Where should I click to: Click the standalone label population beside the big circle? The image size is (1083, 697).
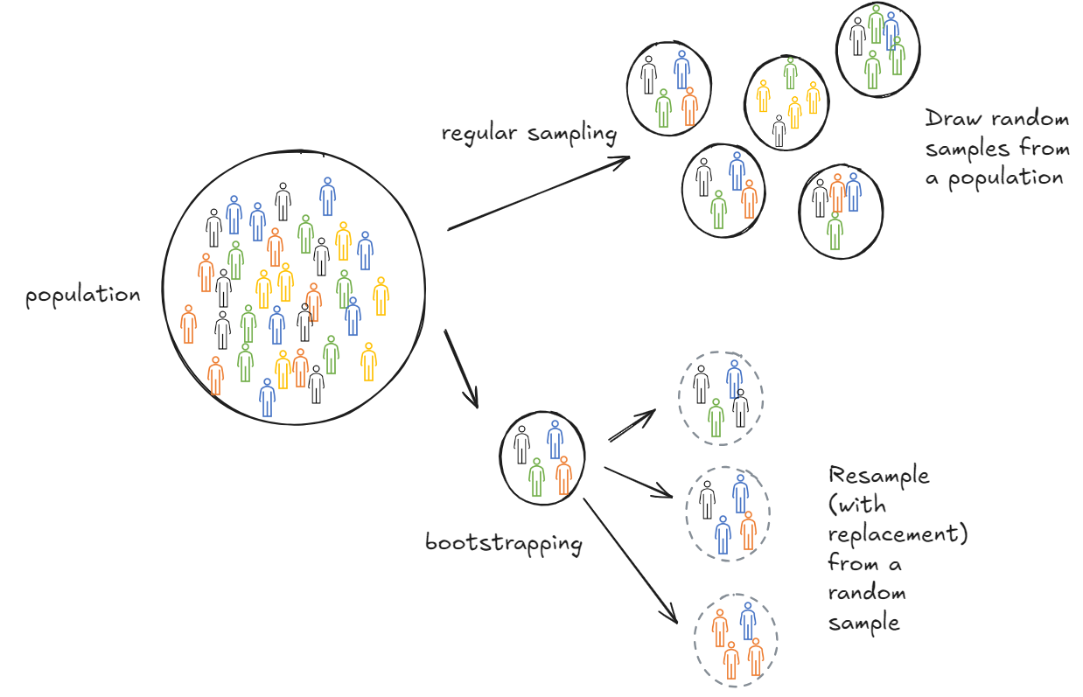tap(82, 296)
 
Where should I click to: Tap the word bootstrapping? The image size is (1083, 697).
tap(503, 543)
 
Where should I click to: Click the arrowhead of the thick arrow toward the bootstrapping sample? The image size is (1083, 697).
tap(473, 399)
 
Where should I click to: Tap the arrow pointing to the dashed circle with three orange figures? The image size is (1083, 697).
tap(630, 559)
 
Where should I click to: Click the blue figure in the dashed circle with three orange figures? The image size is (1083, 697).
tap(747, 620)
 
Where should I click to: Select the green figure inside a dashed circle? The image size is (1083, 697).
tap(716, 418)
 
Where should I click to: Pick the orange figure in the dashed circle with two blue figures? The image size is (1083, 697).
tap(748, 530)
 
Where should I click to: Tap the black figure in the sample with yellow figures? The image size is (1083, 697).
tap(779, 130)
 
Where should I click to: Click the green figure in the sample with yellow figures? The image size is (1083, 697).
tap(790, 73)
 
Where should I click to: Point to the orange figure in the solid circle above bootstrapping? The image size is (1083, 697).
tap(563, 475)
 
